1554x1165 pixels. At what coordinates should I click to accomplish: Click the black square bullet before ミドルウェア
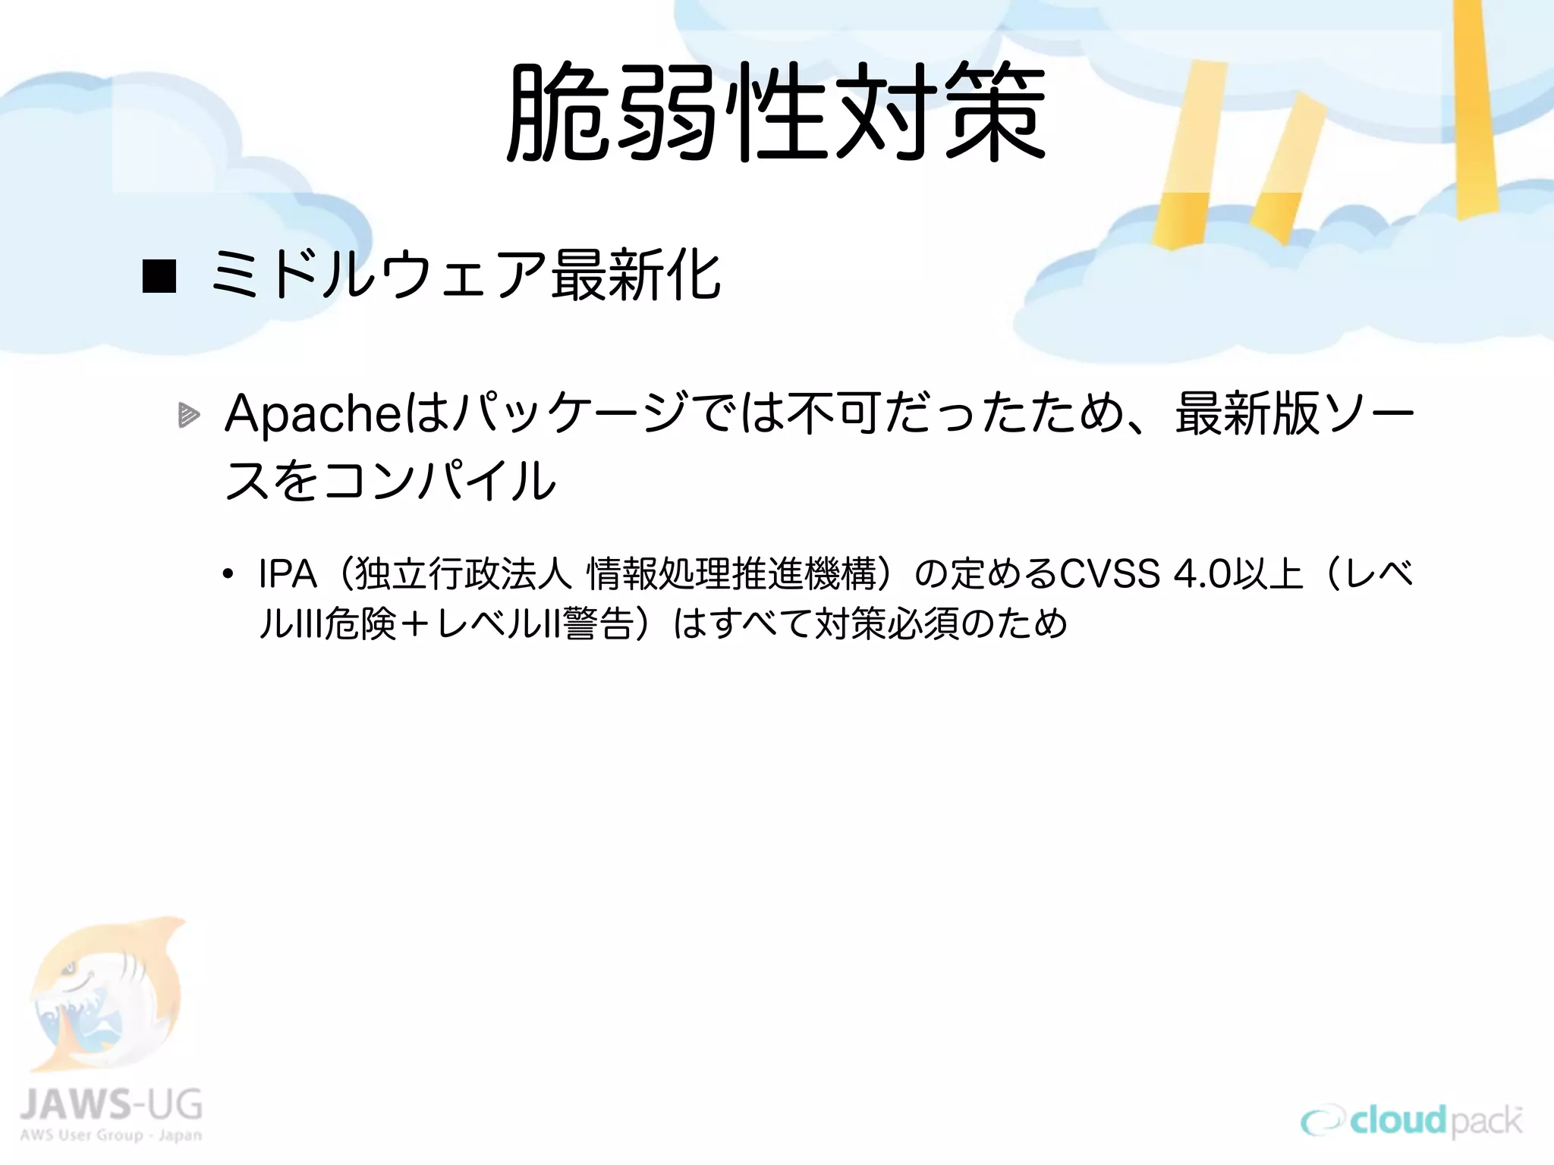159,276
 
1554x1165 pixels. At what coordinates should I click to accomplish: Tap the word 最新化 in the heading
636,275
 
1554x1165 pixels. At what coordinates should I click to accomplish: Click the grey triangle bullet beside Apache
188,415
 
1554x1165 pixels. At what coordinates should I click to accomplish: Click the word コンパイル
440,481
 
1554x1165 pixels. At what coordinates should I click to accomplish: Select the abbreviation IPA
287,574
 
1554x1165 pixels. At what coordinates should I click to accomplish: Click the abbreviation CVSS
1109,574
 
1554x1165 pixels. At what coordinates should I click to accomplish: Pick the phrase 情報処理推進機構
732,574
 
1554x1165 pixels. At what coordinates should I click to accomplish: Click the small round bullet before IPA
228,575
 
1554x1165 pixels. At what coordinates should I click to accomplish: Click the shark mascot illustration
106,994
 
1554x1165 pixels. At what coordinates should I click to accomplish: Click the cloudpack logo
1411,1121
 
